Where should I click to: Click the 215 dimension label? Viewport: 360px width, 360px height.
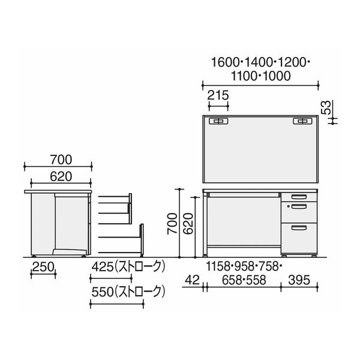(x=217, y=94)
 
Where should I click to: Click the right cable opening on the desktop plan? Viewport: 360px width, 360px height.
(x=301, y=121)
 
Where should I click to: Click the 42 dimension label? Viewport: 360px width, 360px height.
(x=192, y=279)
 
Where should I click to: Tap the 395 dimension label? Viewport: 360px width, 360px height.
(x=300, y=279)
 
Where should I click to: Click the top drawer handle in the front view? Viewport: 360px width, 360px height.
(x=297, y=196)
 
